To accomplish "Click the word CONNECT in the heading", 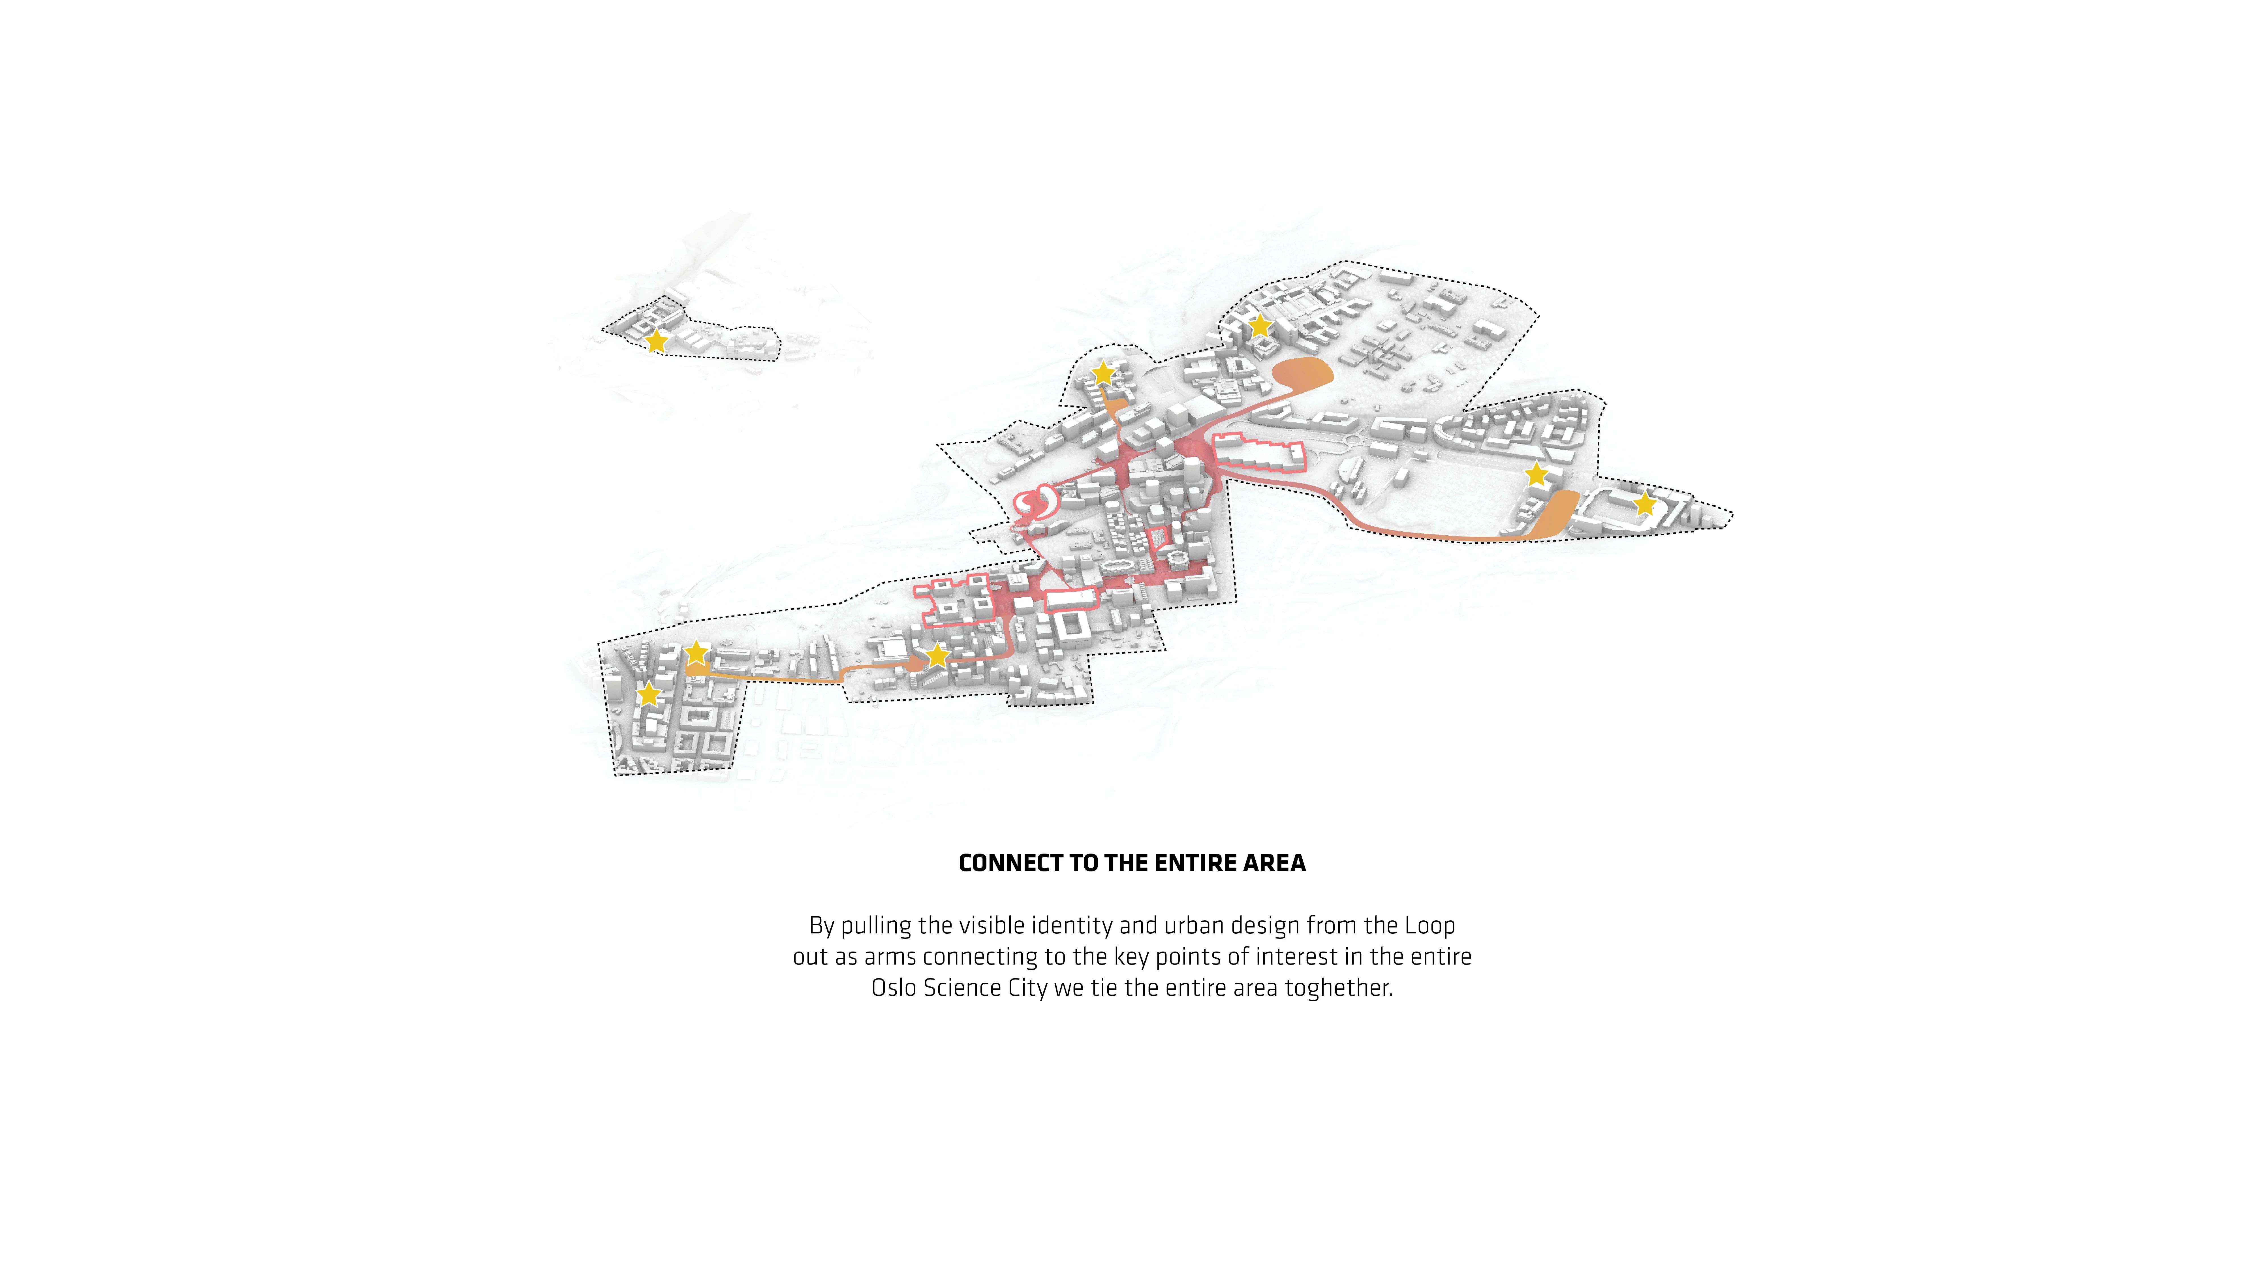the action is pos(1010,863).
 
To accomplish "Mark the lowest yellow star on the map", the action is pos(648,694).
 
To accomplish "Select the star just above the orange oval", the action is pos(1260,325).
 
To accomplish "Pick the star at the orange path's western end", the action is pos(696,653).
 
